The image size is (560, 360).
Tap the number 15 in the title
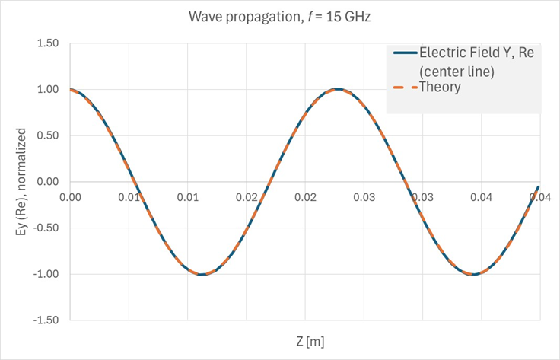tap(327, 17)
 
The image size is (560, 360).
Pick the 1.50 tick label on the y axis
tap(48, 43)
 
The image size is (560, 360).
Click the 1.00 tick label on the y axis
tap(48, 89)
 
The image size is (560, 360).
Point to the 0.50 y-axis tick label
tap(48, 135)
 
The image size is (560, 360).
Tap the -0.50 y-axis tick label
tap(46, 228)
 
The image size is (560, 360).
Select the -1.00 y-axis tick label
tap(46, 274)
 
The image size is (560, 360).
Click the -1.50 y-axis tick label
tap(46, 320)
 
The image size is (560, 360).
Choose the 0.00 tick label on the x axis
tap(70, 196)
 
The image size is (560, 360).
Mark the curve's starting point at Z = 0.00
tap(71, 90)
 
